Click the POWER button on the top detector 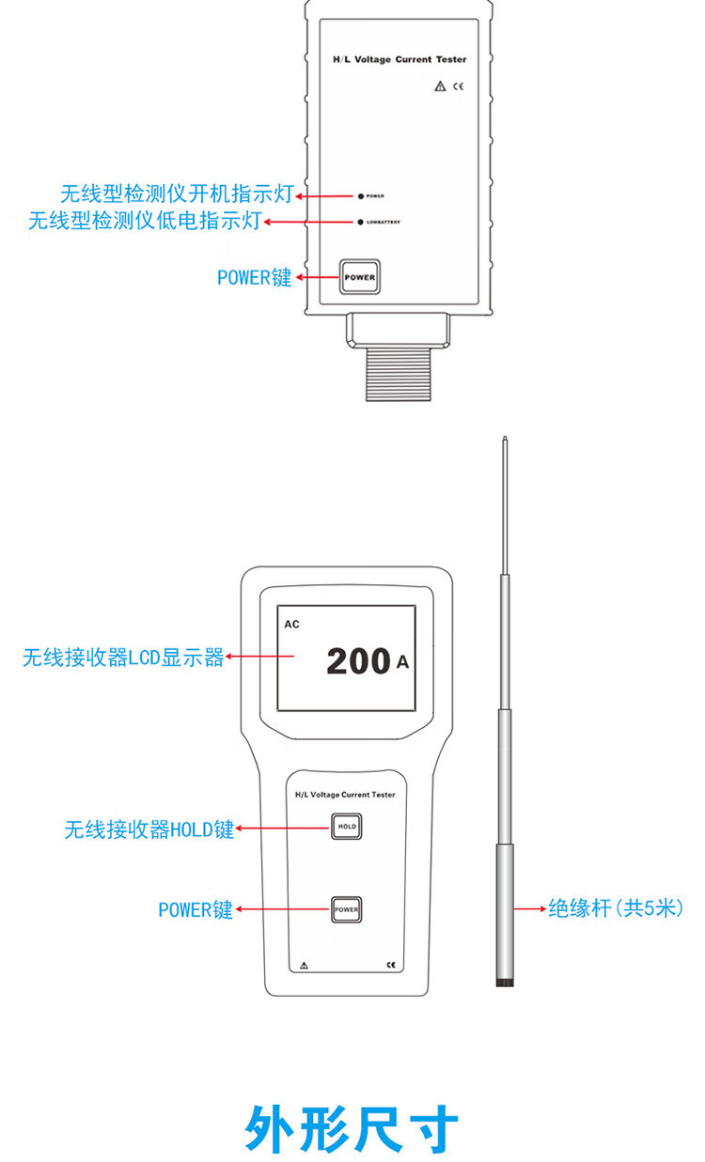click(359, 277)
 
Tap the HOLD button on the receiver click(346, 828)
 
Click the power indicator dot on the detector click(360, 196)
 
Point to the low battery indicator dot click(360, 223)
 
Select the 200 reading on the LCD click(358, 661)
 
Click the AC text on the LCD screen click(292, 624)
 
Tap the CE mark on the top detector click(459, 86)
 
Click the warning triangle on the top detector click(439, 86)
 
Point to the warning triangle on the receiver click(304, 965)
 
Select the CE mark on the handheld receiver click(391, 965)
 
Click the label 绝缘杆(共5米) click(616, 908)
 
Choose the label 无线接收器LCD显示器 click(123, 658)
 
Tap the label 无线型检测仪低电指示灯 click(145, 222)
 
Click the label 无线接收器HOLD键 click(149, 829)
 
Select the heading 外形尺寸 click(352, 1129)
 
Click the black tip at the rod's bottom click(505, 982)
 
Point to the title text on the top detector click(399, 59)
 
